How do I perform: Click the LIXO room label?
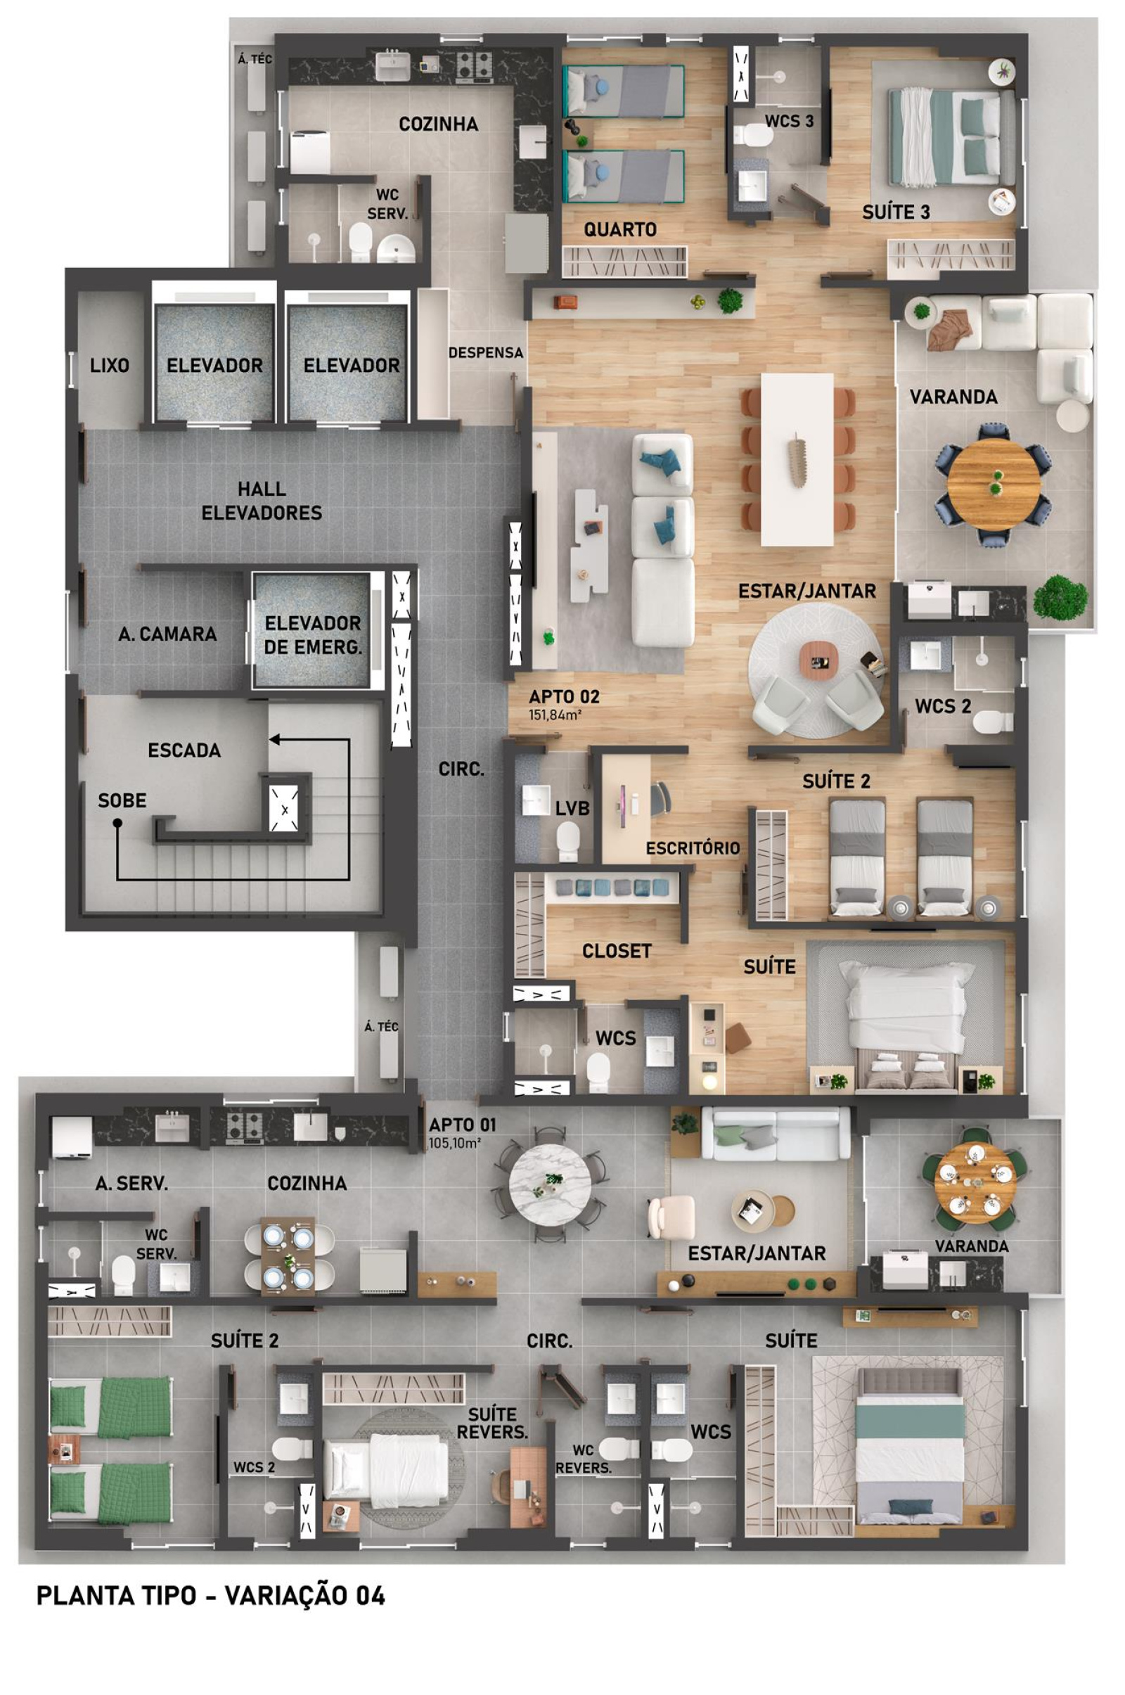pyautogui.click(x=110, y=366)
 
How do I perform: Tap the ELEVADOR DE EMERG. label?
pyautogui.click(x=313, y=635)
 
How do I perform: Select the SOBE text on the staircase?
pyautogui.click(x=122, y=801)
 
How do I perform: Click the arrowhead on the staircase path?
pyautogui.click(x=275, y=739)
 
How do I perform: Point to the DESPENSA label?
pyautogui.click(x=486, y=353)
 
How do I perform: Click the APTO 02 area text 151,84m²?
pyautogui.click(x=555, y=715)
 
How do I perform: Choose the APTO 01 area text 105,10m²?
pyautogui.click(x=454, y=1144)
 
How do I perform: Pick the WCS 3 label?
pyautogui.click(x=789, y=121)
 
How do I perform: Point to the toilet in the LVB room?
pyautogui.click(x=567, y=840)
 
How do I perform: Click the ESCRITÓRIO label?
pyautogui.click(x=693, y=848)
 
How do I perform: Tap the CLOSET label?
pyautogui.click(x=617, y=952)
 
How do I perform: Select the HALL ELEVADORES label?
pyautogui.click(x=262, y=501)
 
